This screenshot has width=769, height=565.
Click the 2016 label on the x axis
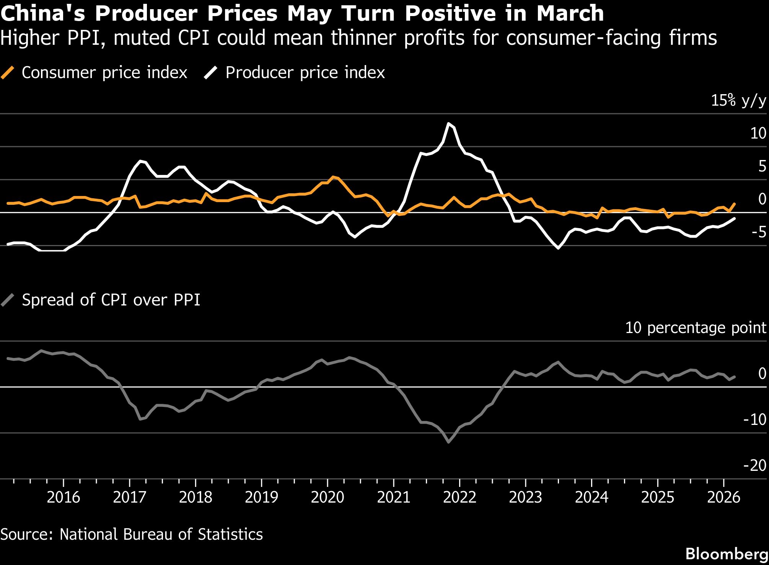point(63,497)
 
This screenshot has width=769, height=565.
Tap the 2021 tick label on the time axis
point(393,497)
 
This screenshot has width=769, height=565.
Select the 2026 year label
point(723,497)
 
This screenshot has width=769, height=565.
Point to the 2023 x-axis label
point(525,497)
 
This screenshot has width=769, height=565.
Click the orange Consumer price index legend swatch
point(8,72)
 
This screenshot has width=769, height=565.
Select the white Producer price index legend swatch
point(211,72)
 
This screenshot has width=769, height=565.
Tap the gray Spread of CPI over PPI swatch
point(8,300)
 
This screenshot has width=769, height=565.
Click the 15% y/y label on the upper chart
point(738,100)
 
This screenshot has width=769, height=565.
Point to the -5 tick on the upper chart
point(759,232)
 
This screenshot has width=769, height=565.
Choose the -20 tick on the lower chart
point(754,465)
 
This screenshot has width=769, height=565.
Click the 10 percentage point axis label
point(695,328)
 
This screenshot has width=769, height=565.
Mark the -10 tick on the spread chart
point(754,420)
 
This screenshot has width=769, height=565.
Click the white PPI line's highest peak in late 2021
point(448,124)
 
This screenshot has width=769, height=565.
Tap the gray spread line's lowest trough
point(448,442)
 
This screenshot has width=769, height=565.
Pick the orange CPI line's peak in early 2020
point(333,177)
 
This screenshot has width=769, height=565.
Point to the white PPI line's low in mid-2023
point(559,248)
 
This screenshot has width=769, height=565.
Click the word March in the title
point(570,13)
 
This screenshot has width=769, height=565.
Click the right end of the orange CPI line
point(734,204)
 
